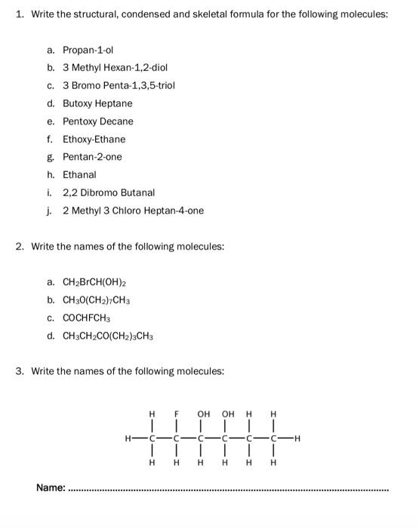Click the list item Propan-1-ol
point(88,50)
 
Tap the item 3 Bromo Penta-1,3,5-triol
point(119,85)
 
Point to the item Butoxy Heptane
point(97,103)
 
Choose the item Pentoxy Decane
point(98,121)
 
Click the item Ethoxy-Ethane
point(94,139)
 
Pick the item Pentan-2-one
point(92,157)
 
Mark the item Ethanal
point(79,174)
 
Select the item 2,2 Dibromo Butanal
point(109,192)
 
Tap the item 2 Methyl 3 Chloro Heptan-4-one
point(133,210)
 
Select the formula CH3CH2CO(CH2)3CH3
point(109,336)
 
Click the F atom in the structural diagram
point(177,414)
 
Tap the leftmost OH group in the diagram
point(203,414)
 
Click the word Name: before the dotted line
point(51,489)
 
